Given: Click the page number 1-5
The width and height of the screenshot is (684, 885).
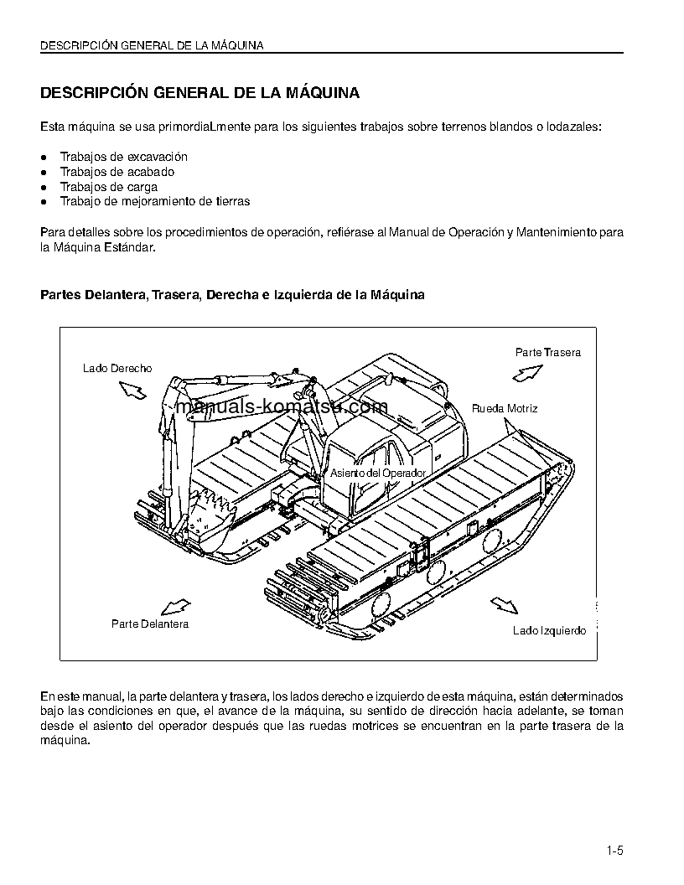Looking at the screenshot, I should [615, 851].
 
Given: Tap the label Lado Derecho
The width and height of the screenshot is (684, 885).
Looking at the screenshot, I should [117, 368].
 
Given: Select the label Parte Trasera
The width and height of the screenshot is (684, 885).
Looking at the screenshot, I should [547, 352].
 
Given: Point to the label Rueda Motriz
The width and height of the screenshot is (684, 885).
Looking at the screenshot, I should [505, 408].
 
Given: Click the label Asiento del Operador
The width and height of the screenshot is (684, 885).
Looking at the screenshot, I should [377, 473].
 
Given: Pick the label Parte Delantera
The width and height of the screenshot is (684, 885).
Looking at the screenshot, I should [150, 624].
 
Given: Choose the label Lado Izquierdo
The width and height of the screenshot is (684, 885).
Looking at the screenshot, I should [549, 630].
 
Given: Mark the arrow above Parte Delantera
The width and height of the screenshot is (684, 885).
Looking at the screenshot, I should [174, 606].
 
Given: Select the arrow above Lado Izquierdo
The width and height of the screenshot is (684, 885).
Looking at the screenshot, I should [502, 605].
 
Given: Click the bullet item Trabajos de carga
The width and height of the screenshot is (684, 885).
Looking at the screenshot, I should [108, 187].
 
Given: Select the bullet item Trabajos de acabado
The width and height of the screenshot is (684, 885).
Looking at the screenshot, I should [117, 172].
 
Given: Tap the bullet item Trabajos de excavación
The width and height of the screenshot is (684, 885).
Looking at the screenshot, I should [123, 157].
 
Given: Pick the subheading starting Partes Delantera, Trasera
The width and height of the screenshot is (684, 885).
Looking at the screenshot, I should [232, 295].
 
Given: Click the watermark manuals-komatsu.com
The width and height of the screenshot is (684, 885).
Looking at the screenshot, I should [282, 407].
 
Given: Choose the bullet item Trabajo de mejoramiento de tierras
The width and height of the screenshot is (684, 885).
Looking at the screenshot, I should [154, 201].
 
